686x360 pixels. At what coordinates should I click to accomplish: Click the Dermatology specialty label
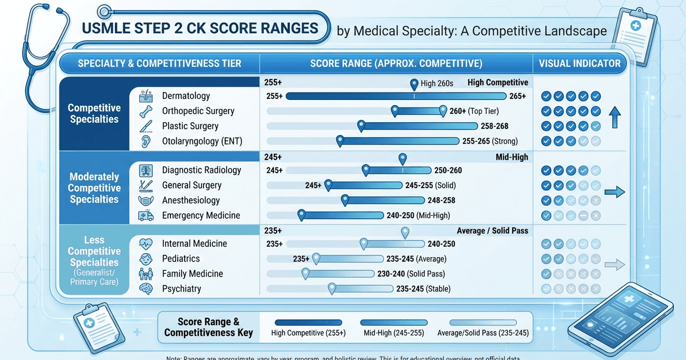click(186, 96)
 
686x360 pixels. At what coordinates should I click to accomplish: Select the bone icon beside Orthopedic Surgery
click(146, 111)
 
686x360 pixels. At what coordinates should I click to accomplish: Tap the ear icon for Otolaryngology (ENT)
click(146, 141)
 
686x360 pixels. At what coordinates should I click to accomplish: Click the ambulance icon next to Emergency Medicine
click(146, 215)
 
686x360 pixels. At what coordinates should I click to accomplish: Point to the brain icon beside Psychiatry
click(146, 289)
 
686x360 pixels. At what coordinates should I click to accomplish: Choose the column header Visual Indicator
click(580, 63)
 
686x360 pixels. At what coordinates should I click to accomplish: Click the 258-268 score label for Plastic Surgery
click(489, 126)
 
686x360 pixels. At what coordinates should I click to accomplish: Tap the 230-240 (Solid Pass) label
click(410, 274)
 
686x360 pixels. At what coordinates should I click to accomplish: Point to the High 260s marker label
click(437, 83)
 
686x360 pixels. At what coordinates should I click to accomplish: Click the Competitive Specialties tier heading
click(94, 113)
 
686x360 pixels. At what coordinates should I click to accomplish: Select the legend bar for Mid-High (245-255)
click(394, 322)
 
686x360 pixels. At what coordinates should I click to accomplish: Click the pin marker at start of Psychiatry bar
click(332, 289)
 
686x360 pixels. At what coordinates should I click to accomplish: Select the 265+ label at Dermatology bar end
click(517, 96)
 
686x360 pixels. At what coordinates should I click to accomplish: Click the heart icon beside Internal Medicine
click(146, 243)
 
